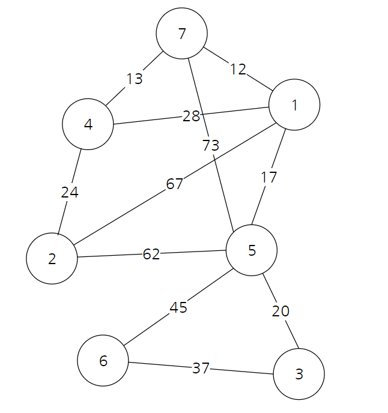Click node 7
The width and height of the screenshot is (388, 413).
(x=182, y=34)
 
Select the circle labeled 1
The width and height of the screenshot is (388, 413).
(x=294, y=106)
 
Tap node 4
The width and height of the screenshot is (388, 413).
(x=88, y=125)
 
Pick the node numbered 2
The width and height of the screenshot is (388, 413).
(x=52, y=259)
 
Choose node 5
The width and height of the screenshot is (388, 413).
(x=252, y=250)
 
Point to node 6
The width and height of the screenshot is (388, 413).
(x=103, y=361)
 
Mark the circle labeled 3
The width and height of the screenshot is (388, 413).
(x=299, y=375)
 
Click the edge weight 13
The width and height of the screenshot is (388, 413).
(x=135, y=79)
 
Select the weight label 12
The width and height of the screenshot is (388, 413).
(x=238, y=70)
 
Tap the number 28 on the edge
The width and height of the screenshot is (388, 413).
(x=191, y=116)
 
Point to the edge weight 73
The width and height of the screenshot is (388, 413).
(x=211, y=145)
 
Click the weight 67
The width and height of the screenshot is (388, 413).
(x=174, y=184)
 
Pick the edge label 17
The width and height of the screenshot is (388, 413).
(x=269, y=177)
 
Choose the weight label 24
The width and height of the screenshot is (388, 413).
(x=70, y=193)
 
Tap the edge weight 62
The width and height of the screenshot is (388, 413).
(x=151, y=255)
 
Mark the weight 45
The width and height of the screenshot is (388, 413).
(x=178, y=308)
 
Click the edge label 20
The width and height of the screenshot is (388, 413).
(x=280, y=311)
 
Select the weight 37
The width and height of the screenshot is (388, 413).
(x=201, y=368)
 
